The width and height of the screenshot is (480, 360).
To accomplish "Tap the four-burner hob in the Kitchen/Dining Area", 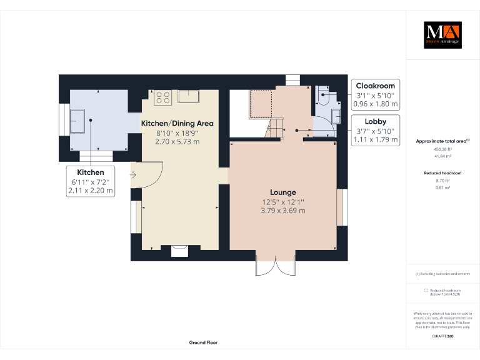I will pos(162,97).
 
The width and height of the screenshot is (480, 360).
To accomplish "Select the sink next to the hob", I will pos(188,96).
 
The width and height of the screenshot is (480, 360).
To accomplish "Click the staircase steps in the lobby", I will pos(275,129).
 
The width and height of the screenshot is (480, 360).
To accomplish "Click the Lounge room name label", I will pos(283,192).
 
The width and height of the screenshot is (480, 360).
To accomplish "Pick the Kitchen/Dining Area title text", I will pos(177,123).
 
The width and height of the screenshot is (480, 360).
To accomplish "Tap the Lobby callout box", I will pos(376,131).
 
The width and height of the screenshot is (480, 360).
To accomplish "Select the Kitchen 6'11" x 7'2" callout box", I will pos(91,181).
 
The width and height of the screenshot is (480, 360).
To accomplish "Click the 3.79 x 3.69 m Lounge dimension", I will pos(283,211).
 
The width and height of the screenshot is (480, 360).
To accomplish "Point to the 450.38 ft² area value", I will pos(442,149).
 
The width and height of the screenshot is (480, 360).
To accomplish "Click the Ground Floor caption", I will pos(203,342).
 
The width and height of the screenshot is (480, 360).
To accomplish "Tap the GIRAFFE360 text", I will pos(442,336).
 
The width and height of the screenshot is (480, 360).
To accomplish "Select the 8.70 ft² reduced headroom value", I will pos(442,180).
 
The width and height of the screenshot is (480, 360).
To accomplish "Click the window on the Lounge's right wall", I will pos(342,207).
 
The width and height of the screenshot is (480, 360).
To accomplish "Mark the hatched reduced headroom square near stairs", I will pos(261,103).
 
